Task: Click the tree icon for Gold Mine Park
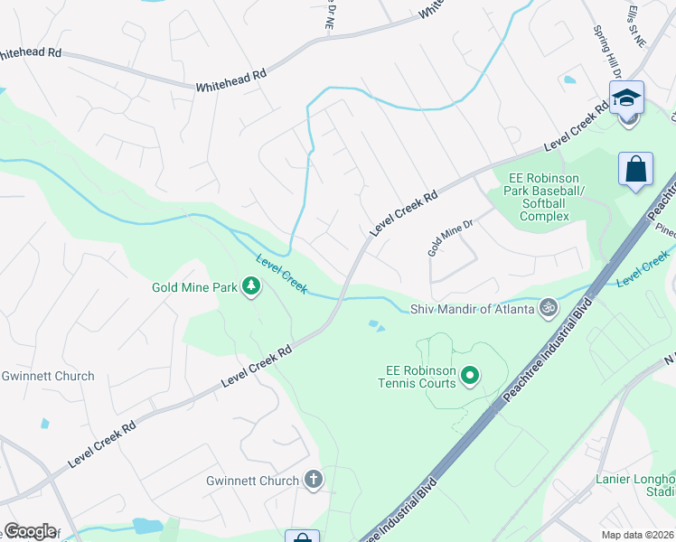[250, 287]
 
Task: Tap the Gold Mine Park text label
[194, 288]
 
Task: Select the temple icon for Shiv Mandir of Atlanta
[548, 308]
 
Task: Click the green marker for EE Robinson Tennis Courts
[469, 374]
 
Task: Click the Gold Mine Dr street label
[451, 238]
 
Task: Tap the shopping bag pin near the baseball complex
[636, 169]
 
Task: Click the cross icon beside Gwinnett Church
[314, 480]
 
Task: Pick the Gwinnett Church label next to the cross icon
[252, 481]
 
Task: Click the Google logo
[30, 531]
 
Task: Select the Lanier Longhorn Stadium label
[635, 485]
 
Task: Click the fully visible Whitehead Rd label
[231, 81]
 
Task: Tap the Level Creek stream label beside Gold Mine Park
[282, 274]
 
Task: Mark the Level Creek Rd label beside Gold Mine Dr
[403, 213]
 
